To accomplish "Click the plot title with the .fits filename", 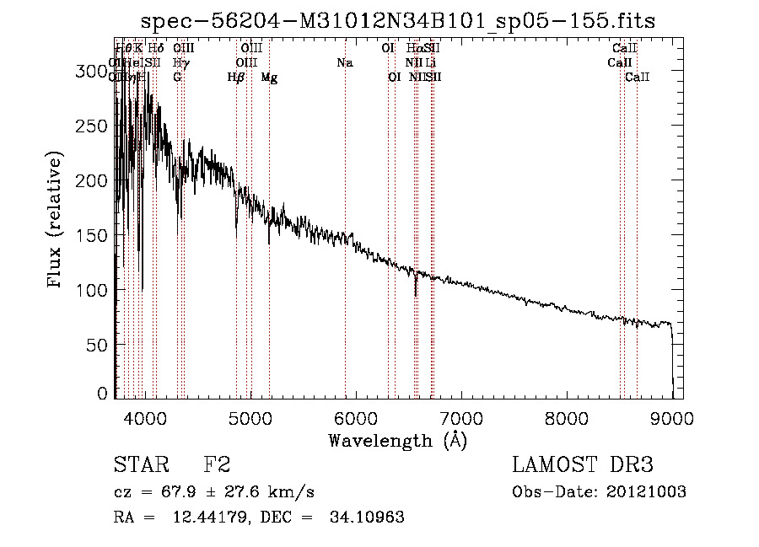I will (x=398, y=20).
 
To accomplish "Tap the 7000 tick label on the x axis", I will (x=461, y=418).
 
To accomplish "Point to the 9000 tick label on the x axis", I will (x=672, y=418).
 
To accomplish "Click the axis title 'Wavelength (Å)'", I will (x=397, y=440).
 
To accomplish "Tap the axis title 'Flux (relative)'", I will (x=56, y=221).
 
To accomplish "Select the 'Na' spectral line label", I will (x=344, y=62).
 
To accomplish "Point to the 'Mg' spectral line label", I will (x=269, y=78).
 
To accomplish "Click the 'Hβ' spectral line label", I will (x=236, y=78).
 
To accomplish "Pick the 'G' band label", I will (x=177, y=78).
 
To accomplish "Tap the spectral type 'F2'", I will (x=217, y=465).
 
